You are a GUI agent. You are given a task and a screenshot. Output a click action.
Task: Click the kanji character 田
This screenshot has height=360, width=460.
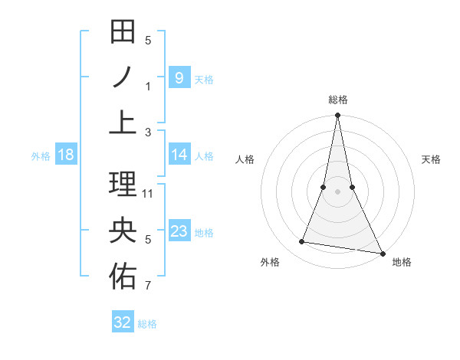pyautogui.click(x=123, y=33)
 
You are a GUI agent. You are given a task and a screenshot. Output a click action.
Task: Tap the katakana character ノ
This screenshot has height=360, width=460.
pyautogui.click(x=123, y=78)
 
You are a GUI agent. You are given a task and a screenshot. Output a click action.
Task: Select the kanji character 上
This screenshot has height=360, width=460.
pyautogui.click(x=123, y=123)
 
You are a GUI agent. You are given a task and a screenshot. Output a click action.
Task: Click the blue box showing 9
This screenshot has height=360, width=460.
pyautogui.click(x=179, y=77)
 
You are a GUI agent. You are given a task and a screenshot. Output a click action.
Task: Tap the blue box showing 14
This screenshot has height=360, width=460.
pyautogui.click(x=179, y=155)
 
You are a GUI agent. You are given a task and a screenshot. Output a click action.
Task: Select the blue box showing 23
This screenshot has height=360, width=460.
pyautogui.click(x=179, y=231)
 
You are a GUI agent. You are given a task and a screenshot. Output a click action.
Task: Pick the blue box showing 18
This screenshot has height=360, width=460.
pyautogui.click(x=65, y=155)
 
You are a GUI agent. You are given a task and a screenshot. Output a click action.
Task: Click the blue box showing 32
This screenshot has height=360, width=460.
pyautogui.click(x=122, y=322)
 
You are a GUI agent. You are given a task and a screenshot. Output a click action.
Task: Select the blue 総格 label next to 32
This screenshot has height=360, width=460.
pyautogui.click(x=147, y=324)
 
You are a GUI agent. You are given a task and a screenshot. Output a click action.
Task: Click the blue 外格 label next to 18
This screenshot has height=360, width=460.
pyautogui.click(x=41, y=156)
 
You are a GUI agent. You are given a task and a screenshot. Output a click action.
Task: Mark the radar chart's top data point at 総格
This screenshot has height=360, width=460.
pyautogui.click(x=337, y=116)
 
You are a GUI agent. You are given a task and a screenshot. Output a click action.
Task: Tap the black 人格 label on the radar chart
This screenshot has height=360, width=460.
pyautogui.click(x=245, y=159)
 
